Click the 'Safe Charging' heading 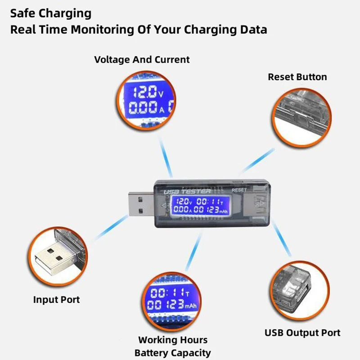pos(51,13)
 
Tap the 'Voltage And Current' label pos(142,59)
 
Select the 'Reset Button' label pos(297,77)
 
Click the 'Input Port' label pos(56,299)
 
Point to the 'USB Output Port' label pos(302,333)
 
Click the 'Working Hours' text pos(173,340)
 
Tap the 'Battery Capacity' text pos(172,353)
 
